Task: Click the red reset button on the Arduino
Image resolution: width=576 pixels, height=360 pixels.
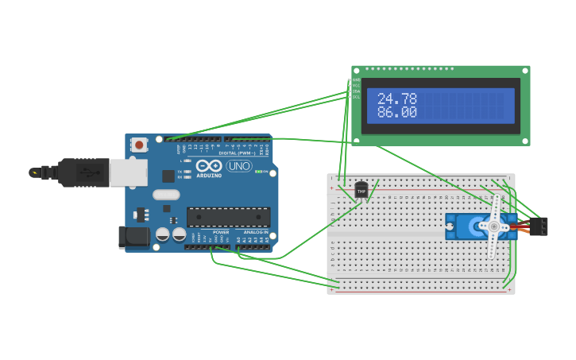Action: point(140,145)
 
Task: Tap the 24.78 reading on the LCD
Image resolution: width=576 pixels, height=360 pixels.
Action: point(396,99)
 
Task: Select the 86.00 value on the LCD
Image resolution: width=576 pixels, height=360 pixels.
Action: point(396,113)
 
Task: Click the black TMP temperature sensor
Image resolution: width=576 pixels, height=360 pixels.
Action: point(361,191)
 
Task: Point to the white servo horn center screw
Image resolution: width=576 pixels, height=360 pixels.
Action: point(493,227)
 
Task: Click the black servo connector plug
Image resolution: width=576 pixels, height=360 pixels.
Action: point(540,226)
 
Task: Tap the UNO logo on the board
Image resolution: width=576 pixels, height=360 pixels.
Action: point(238,166)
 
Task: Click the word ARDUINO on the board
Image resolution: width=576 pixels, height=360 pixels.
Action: point(209,174)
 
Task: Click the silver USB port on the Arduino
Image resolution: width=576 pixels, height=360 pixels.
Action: point(127,172)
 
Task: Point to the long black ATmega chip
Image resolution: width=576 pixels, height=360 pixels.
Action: point(228,216)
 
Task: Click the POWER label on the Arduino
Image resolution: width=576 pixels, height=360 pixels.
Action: point(221,232)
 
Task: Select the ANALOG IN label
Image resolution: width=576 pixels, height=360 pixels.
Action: point(255,232)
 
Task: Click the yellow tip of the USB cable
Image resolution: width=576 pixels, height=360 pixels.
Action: point(33,172)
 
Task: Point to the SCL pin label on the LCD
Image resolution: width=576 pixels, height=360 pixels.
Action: point(356,97)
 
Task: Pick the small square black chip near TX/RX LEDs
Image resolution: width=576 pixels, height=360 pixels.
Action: point(168,176)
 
